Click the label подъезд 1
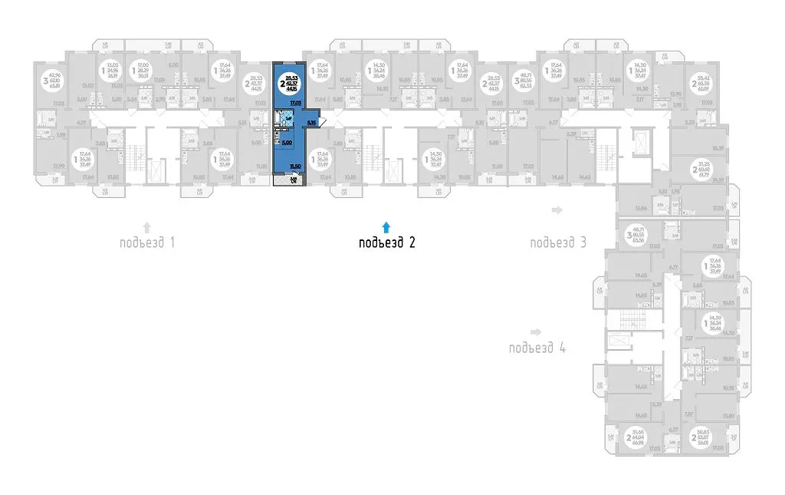click(147, 243)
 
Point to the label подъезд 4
click(537, 348)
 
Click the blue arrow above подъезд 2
click(387, 226)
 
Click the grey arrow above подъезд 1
click(147, 226)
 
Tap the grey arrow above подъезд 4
click(537, 332)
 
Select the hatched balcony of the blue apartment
click(294, 180)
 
